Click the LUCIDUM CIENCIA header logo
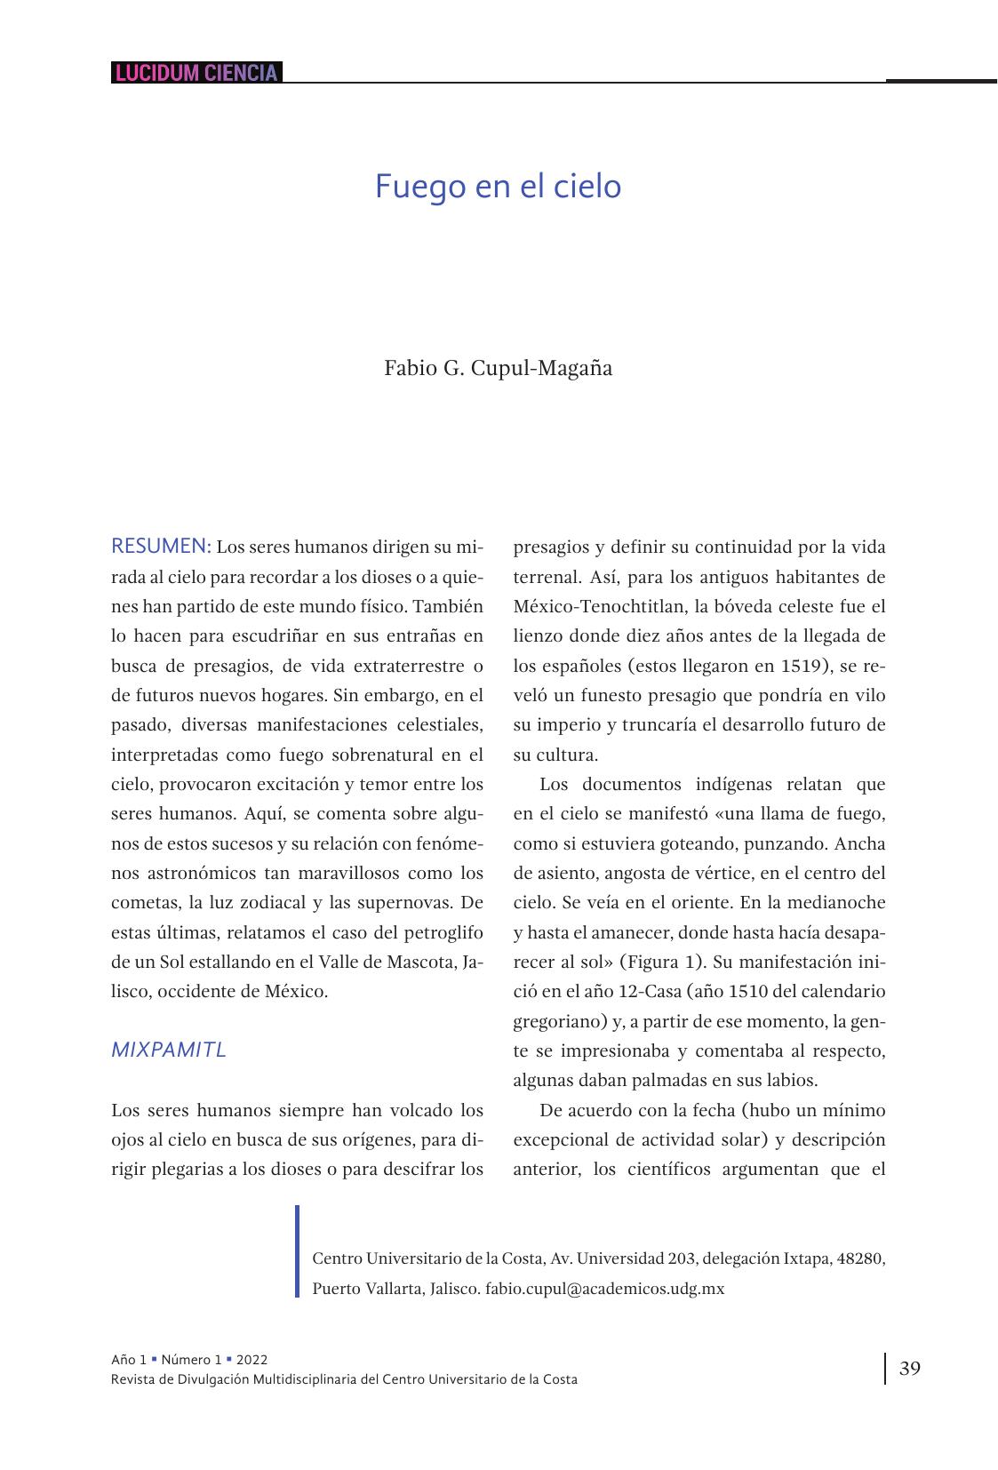[196, 73]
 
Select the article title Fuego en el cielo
[498, 187]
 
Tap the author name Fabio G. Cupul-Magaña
[498, 368]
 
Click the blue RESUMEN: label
[161, 546]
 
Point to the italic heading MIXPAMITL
[169, 1050]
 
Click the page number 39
[910, 1368]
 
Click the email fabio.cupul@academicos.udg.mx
[605, 1289]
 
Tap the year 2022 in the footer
[252, 1360]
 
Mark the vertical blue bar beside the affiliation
[298, 1251]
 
